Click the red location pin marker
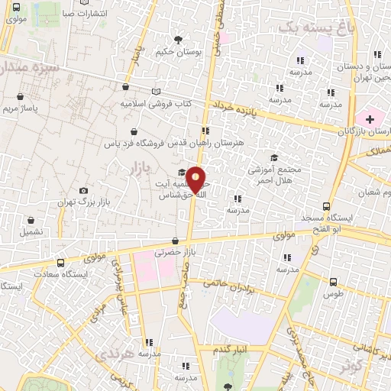pos(196,179)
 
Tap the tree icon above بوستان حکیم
pos(178,39)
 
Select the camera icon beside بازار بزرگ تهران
pos(83,190)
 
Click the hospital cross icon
pos(370,119)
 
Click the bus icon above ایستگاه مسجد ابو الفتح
pos(327,206)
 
